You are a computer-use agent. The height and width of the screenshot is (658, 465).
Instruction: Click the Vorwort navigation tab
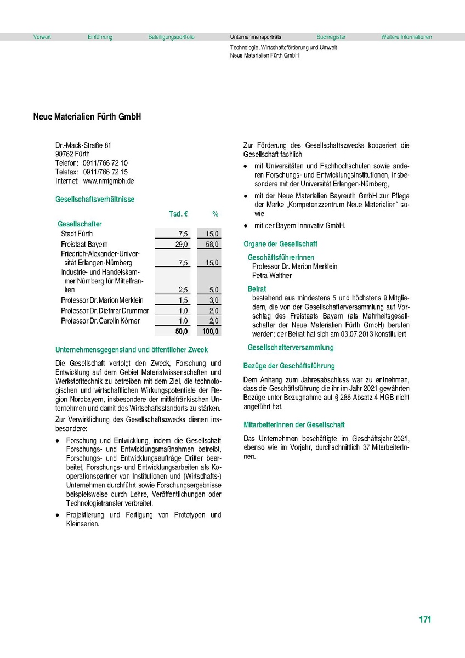[42, 37]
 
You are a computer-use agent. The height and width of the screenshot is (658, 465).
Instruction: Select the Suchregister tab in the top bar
[331, 37]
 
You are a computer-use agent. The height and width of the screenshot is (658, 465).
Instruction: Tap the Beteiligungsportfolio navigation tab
[171, 37]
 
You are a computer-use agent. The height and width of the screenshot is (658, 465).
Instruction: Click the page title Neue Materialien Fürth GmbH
[87, 117]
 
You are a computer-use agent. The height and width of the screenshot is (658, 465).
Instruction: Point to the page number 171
[425, 620]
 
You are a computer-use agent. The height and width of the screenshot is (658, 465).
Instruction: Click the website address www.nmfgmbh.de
[109, 180]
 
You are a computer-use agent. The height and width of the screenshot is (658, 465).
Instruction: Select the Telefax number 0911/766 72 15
[105, 172]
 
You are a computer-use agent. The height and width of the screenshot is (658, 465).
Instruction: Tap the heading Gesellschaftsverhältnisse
[95, 200]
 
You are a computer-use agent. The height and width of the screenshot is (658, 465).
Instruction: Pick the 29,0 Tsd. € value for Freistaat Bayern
[182, 245]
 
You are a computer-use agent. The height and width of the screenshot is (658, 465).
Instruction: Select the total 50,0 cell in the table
[182, 332]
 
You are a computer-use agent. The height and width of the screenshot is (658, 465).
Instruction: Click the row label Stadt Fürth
[77, 234]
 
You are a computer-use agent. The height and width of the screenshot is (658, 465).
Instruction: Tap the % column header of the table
[216, 213]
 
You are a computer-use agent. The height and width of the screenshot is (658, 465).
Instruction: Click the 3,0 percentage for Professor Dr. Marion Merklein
[214, 300]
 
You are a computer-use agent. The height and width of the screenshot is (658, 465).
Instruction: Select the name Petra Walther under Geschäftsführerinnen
[272, 275]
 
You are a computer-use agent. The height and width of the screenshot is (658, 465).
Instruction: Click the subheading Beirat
[257, 288]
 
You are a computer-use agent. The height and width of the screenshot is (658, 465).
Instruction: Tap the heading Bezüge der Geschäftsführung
[289, 366]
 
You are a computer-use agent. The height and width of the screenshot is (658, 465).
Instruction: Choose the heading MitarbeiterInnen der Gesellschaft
[294, 425]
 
